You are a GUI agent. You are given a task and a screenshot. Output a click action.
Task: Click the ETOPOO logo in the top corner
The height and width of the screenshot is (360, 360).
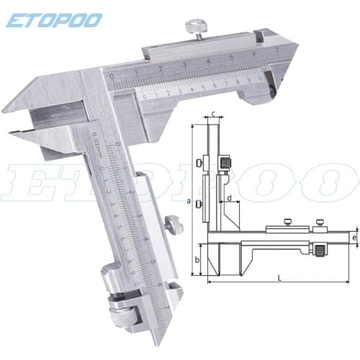click(x=54, y=19)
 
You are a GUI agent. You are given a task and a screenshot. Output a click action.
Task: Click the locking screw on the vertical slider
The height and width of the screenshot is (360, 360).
click(x=173, y=225)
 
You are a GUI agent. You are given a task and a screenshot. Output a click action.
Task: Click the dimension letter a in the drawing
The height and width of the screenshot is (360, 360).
click(x=188, y=202)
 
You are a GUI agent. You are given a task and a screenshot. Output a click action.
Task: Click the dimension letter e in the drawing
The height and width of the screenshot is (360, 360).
click(x=354, y=237)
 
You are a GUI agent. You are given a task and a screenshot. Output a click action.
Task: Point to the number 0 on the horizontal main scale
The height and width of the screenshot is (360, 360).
click(x=111, y=75)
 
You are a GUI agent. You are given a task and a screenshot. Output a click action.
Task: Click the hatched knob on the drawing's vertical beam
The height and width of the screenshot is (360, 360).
click(x=225, y=164)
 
